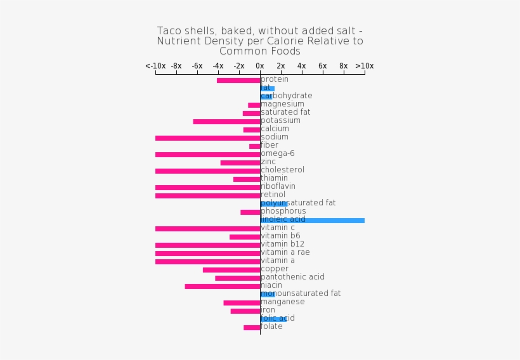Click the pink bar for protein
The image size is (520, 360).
click(238, 80)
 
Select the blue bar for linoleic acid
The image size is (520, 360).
click(312, 221)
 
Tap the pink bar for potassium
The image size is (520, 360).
click(226, 122)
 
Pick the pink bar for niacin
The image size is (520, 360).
click(223, 286)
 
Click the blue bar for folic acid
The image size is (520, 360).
click(273, 319)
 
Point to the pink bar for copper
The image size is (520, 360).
click(231, 270)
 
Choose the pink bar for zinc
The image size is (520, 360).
click(240, 163)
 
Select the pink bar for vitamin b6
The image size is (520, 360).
click(245, 237)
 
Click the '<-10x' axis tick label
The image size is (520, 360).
click(155, 66)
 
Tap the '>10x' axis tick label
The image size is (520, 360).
click(365, 66)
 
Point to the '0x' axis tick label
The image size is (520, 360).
click(260, 66)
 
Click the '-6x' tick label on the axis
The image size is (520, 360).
click(197, 66)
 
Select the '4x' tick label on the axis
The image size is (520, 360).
click(302, 66)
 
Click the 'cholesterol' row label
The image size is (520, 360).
click(283, 170)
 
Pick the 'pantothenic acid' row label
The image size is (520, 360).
click(293, 277)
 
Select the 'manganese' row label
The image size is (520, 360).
click(283, 302)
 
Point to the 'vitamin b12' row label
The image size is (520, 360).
click(283, 244)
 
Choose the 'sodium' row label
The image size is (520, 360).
click(275, 137)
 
